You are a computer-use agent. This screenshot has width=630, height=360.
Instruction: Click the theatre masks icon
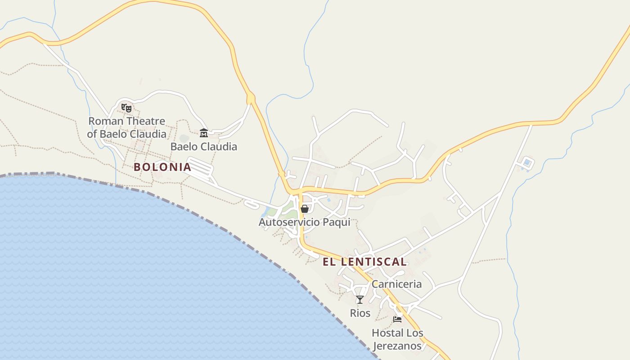[x=126, y=108]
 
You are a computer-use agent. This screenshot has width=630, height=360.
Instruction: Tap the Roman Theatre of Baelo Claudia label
[x=126, y=127]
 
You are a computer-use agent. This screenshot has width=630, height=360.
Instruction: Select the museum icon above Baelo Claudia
[x=204, y=133]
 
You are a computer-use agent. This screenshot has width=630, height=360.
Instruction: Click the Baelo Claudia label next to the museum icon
[x=203, y=146]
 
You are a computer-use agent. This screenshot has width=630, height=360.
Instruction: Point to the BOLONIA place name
[x=162, y=167]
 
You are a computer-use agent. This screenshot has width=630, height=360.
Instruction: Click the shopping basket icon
[x=305, y=209]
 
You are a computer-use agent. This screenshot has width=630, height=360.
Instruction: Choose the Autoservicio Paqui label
[x=304, y=222]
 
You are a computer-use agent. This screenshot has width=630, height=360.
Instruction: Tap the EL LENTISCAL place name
[x=364, y=261]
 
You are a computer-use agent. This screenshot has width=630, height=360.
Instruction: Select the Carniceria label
[x=396, y=284]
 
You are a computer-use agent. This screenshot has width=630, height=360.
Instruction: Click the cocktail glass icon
[x=360, y=300]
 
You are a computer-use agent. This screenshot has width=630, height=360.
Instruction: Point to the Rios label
[x=360, y=313]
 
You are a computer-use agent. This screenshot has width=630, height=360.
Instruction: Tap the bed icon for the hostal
[x=397, y=319]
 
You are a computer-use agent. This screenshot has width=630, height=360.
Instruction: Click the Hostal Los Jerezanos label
[x=397, y=339]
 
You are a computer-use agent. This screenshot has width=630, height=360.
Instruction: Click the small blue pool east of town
[x=526, y=162]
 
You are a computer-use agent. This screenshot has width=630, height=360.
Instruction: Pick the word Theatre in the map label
[x=146, y=121]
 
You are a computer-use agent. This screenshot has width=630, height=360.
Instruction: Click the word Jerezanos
[x=397, y=346]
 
